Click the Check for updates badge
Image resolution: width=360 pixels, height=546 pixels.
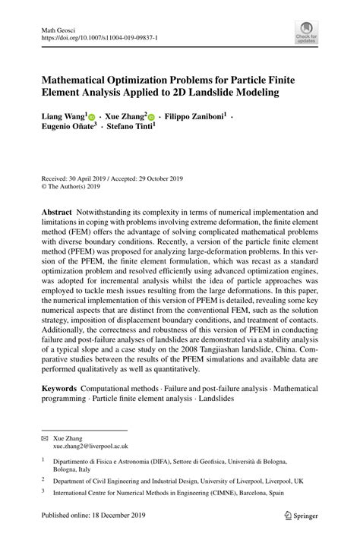click(306, 31)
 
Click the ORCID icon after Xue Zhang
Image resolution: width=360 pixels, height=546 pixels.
click(150, 118)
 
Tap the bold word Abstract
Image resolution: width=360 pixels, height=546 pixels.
click(56, 212)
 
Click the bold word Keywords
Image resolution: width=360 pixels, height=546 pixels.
click(58, 388)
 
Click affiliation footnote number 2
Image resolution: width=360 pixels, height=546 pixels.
click(43, 480)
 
